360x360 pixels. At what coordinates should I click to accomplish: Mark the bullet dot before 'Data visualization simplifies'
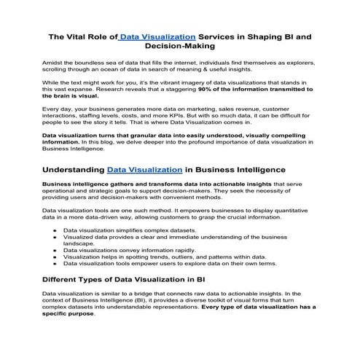[55, 230]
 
